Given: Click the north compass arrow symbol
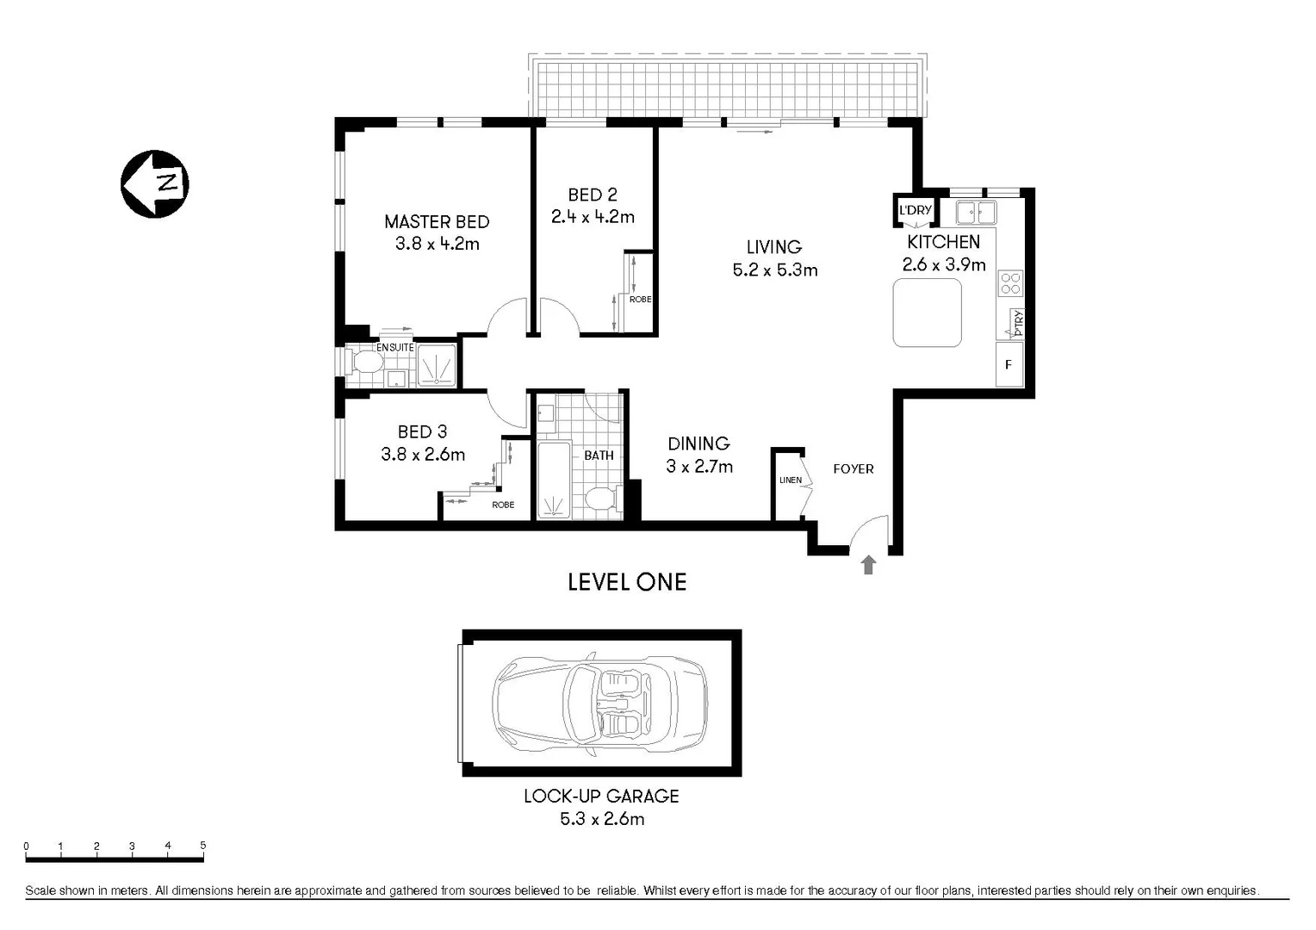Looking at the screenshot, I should pos(154,183).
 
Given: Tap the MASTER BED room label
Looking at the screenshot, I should pos(437,221).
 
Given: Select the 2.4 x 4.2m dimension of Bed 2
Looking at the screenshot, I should pos(593,217).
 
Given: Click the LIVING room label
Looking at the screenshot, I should pos(773,247).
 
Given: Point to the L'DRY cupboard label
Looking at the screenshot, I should pos(915,210).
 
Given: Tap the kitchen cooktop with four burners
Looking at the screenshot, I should pos(1010,282).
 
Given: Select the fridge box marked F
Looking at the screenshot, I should pos(1009,364).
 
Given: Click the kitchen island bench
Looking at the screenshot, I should pos(927,312).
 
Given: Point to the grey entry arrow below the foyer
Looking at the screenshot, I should pos(868,565).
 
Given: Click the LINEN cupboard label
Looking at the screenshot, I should pos(790,480).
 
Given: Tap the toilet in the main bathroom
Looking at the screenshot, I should pos(599,499).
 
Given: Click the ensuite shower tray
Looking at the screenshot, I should pos(437,365).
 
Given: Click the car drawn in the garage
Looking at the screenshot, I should pos(599,703).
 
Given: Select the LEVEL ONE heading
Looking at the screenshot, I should pos(627,582).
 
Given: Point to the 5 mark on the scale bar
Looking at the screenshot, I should pos(203,846).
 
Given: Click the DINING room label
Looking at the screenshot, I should pos(698,443).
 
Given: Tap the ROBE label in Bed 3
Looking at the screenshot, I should pos(503,505).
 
